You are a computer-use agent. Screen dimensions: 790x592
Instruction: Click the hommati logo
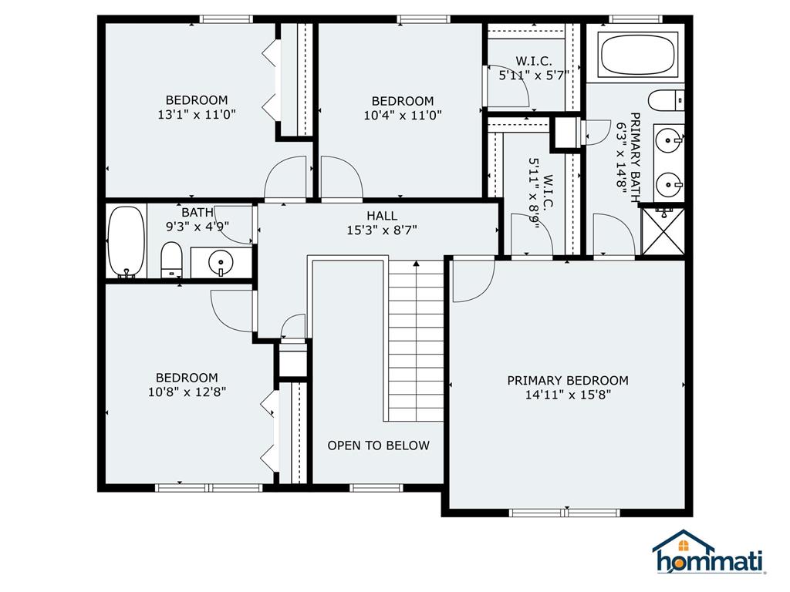709,553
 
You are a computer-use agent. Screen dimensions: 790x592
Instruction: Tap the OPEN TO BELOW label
378,446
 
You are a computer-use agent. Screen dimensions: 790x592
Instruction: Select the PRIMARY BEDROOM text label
568,381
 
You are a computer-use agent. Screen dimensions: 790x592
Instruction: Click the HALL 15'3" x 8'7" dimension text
382,230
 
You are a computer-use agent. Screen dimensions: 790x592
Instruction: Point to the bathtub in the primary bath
637,55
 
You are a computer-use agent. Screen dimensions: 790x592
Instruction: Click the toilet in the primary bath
666,101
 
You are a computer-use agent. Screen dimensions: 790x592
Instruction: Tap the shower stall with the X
663,231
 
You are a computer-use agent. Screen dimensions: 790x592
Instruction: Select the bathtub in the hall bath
127,241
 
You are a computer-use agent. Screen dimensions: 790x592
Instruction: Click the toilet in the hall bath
171,260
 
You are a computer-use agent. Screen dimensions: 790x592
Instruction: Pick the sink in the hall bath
221,262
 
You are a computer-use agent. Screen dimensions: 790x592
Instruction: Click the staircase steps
416,341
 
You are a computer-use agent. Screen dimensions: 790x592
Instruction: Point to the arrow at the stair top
416,264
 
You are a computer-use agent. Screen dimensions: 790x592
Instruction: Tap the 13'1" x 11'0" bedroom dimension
197,115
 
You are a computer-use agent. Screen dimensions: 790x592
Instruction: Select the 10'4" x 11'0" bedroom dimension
403,116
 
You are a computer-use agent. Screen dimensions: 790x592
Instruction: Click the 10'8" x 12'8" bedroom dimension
187,392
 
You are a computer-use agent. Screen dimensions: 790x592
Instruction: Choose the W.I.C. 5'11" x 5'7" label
534,69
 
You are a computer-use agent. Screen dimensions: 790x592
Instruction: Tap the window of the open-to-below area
376,487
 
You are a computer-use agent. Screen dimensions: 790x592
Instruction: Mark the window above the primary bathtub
636,19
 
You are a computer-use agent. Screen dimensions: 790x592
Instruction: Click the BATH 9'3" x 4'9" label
197,220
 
